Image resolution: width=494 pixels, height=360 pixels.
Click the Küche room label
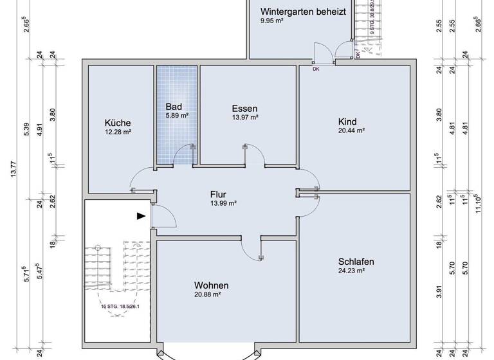click(118, 123)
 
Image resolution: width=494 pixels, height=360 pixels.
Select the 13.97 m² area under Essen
click(244, 118)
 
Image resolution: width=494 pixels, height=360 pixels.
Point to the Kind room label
click(347, 122)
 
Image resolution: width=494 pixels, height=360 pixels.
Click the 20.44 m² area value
click(351, 130)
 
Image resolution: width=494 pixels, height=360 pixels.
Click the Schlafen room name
click(356, 262)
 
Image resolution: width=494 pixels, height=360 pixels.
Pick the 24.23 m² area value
click(351, 271)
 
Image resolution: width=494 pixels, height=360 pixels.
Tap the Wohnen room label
click(212, 285)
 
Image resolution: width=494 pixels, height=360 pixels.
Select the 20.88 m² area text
click(208, 294)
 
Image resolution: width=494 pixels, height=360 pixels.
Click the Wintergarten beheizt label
click(303, 12)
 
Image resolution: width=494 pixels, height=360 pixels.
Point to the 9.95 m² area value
click(272, 21)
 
